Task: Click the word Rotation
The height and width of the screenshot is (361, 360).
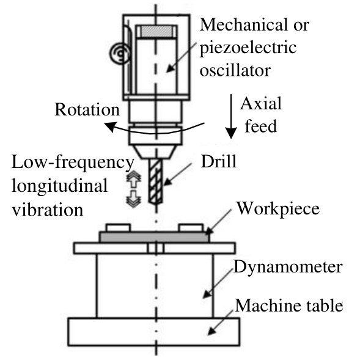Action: (x=87, y=109)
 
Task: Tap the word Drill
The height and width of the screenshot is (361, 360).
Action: (x=219, y=161)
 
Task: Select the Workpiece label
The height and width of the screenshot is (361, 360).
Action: (x=278, y=210)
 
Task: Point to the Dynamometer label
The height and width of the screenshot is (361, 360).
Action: (x=288, y=267)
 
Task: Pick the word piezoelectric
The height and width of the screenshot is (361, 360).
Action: (x=248, y=48)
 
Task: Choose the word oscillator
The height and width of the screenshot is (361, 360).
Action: (x=235, y=70)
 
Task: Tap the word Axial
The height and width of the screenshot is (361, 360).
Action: (x=261, y=104)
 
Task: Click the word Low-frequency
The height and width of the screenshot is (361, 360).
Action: (x=73, y=162)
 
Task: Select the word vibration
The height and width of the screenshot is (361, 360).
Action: (x=48, y=210)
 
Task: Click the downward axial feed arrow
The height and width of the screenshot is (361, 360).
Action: (x=231, y=116)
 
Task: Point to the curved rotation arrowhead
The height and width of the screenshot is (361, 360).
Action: (x=109, y=127)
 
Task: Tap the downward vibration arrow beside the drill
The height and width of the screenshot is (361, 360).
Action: (x=133, y=199)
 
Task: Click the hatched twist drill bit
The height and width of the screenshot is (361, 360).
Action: (x=155, y=182)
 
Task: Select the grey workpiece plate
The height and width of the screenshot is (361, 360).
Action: (x=155, y=237)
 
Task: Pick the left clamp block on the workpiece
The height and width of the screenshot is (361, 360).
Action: (x=118, y=227)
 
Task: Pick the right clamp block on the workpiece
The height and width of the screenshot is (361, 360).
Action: (x=191, y=227)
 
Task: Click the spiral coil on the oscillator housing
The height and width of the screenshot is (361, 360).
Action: (x=120, y=54)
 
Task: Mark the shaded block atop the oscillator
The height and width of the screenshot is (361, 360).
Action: (x=156, y=32)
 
